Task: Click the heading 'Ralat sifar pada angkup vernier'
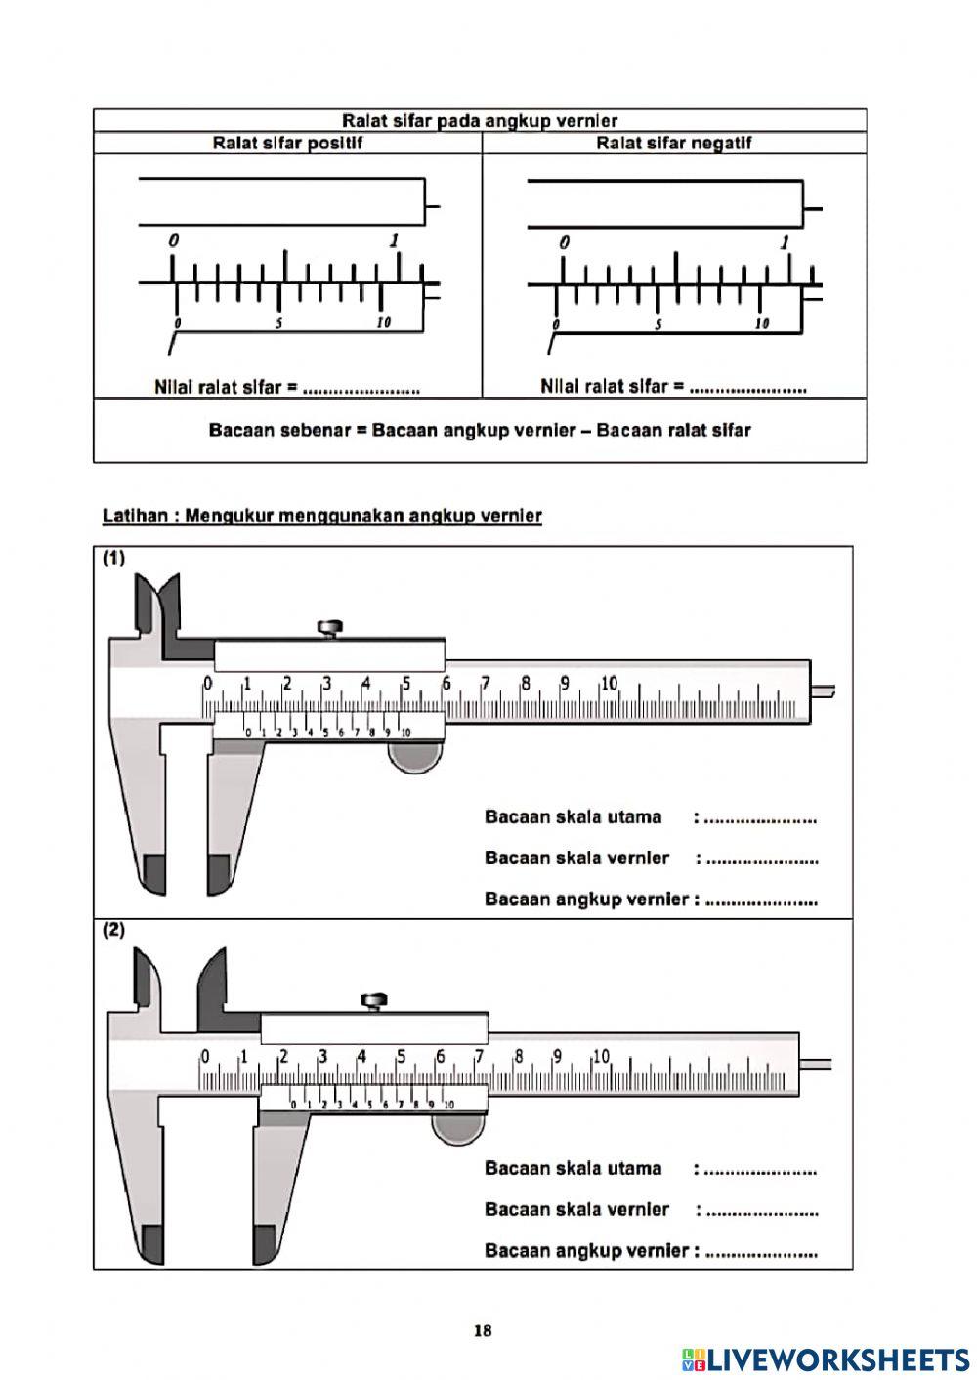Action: pos(480,121)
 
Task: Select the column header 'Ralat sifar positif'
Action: pos(287,144)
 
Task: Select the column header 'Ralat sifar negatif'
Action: pos(673,144)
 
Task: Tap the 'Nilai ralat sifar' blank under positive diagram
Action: pos(361,389)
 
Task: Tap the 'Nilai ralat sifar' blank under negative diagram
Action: pos(747,388)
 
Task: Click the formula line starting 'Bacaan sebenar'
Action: pos(480,431)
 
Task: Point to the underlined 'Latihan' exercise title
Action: pos(322,516)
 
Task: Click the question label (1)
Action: pos(114,559)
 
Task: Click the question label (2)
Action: pos(114,930)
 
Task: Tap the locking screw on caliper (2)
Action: pos(374,1001)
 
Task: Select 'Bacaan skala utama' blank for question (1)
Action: pos(760,818)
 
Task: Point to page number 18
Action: pos(482,1330)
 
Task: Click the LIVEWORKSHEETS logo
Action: pos(826,1359)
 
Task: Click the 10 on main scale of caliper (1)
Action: pos(609,684)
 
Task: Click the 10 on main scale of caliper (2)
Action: pos(601,1056)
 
